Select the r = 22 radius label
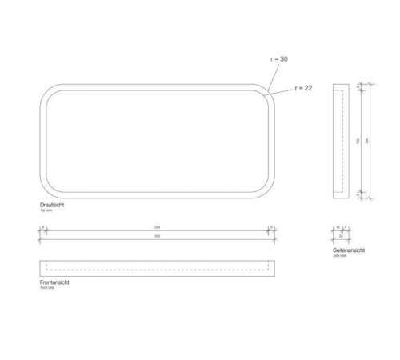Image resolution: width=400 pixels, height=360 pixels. [x=304, y=88]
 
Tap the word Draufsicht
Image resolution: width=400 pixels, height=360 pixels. [x=53, y=205]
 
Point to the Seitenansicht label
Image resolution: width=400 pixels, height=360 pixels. [x=349, y=250]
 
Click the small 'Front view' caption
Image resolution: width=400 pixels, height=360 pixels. [x=46, y=287]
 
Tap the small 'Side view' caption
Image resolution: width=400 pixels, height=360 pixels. [x=339, y=255]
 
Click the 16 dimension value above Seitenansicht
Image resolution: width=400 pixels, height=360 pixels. [x=338, y=228]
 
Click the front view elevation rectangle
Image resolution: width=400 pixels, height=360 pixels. [x=157, y=266]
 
